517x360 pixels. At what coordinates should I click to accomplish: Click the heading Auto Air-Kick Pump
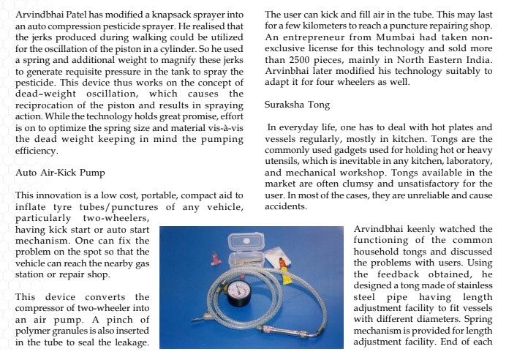pyautogui.click(x=61, y=173)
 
